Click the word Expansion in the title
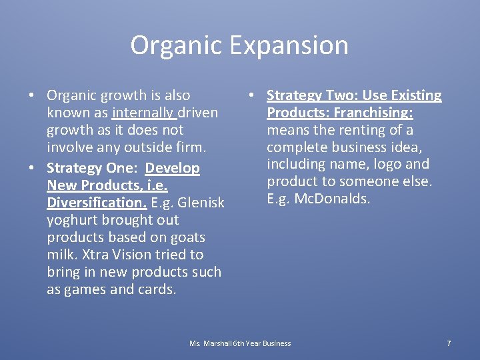coord(290,45)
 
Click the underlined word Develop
coord(172,168)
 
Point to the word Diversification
coord(89,202)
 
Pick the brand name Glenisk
coord(199,202)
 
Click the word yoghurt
coord(73,220)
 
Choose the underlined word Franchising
coord(375,113)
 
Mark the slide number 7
coord(449,343)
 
